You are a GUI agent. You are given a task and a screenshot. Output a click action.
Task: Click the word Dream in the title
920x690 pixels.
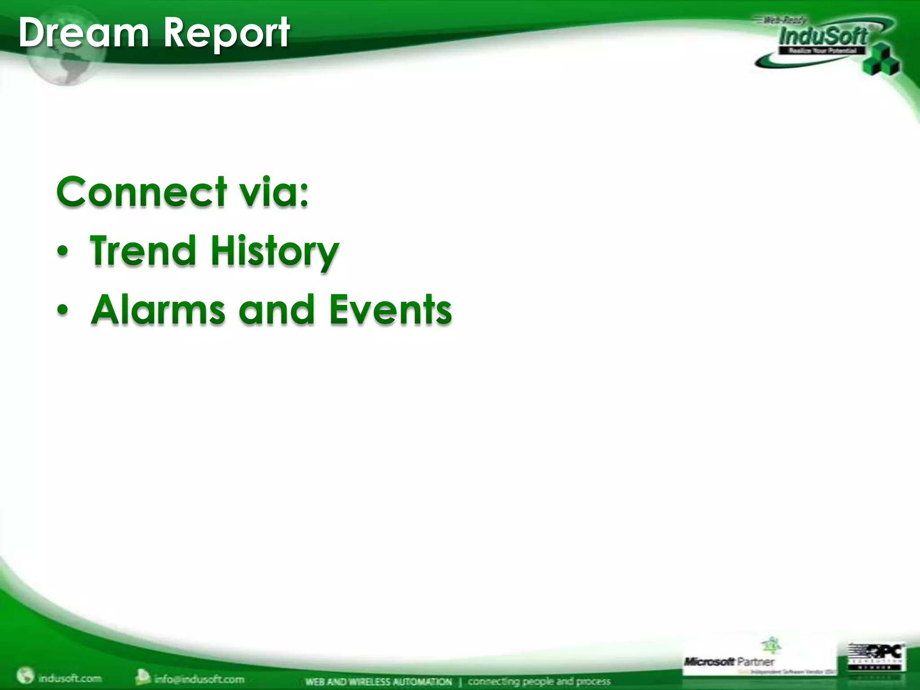point(84,32)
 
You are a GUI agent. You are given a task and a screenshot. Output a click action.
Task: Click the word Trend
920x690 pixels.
point(143,251)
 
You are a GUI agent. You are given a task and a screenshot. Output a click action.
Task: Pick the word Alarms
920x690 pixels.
point(158,310)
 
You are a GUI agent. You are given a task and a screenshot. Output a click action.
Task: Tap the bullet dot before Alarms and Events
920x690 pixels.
point(63,311)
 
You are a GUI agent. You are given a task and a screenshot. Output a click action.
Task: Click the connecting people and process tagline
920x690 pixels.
point(539,681)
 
